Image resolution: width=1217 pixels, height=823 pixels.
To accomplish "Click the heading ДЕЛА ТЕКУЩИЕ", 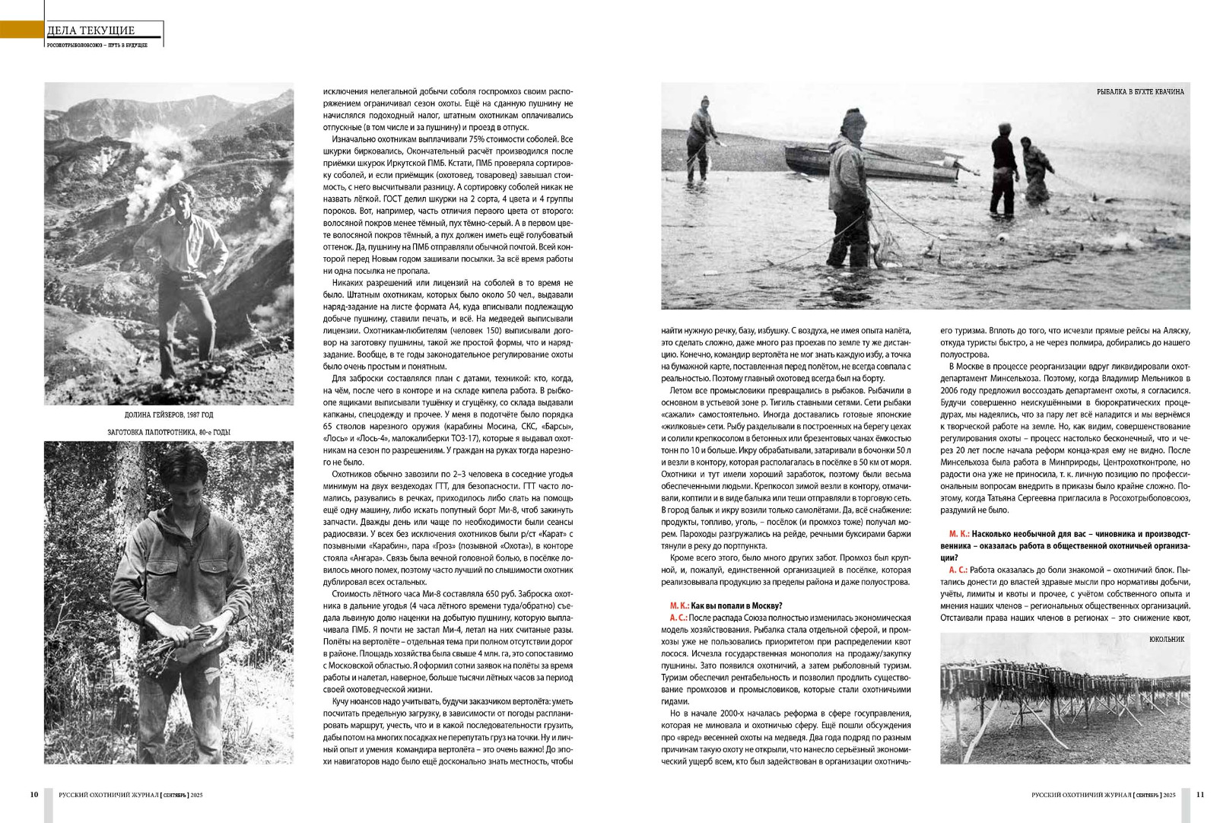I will click(91, 30).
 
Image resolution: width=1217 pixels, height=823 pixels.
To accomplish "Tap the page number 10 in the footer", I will click(34, 795).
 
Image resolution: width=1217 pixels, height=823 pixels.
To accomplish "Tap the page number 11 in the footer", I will click(1200, 795).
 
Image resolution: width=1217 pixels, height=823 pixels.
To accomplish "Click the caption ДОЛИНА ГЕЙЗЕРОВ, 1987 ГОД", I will click(169, 415).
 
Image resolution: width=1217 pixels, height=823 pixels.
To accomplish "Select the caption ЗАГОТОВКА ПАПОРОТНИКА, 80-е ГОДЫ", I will click(169, 432).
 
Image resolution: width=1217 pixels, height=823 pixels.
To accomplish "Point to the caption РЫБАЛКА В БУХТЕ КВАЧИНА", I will click(1139, 92).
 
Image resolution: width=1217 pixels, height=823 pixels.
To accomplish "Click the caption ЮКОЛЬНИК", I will click(1167, 640).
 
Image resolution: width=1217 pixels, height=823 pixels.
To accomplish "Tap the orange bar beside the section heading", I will click(21, 30).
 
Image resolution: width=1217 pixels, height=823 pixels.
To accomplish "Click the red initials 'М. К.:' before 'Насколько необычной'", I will click(958, 535).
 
